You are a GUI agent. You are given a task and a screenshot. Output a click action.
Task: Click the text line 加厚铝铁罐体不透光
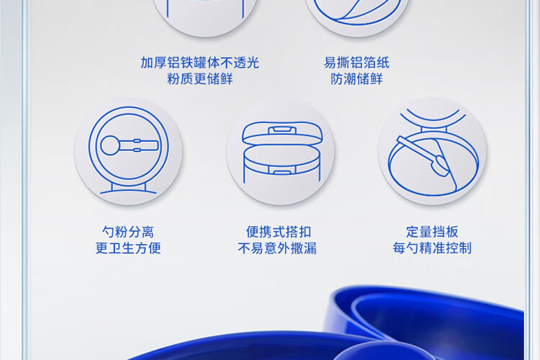tap(199, 63)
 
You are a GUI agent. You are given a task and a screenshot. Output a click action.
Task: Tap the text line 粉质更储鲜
tap(199, 79)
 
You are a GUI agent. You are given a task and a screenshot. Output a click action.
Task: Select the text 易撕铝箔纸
tap(356, 63)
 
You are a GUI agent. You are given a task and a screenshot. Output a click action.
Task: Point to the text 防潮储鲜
tap(356, 79)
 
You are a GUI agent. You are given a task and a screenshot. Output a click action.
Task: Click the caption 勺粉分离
tap(127, 232)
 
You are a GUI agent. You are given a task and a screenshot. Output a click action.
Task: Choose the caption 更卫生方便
tap(127, 248)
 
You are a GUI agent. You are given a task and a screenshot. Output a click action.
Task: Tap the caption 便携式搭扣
tap(278, 232)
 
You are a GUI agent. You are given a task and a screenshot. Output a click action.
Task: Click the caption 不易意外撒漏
tap(277, 248)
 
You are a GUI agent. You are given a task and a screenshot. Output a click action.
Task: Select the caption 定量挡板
tap(432, 232)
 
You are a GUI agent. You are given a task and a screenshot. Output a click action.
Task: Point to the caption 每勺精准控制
tap(432, 248)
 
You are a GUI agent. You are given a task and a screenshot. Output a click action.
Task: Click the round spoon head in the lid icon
tap(110, 145)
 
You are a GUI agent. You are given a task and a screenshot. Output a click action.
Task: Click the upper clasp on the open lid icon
tap(282, 130)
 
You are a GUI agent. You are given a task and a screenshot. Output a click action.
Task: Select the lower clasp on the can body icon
tap(282, 170)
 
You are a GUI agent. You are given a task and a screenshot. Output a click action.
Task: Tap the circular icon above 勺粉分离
tap(128, 152)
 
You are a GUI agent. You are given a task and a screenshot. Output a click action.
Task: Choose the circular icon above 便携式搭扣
tap(281, 152)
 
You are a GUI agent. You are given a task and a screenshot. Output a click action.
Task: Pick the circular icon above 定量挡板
tap(433, 152)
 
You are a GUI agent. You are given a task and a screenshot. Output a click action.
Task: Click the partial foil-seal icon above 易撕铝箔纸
tap(357, 17)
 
